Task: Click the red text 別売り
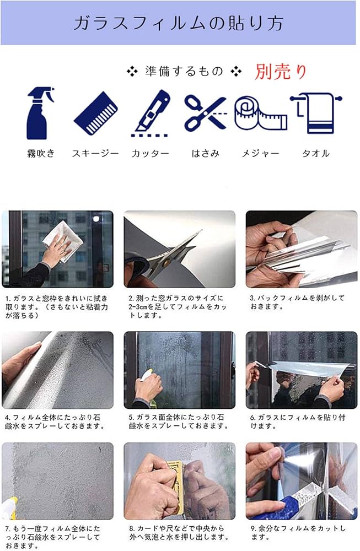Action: pos(281,71)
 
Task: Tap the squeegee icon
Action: pos(96,113)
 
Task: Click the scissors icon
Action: pos(205,113)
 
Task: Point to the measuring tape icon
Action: pos(261,113)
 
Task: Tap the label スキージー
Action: pos(95,153)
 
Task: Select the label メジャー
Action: pos(261,153)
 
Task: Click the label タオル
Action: pos(316,153)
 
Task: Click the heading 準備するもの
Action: pos(184,71)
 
